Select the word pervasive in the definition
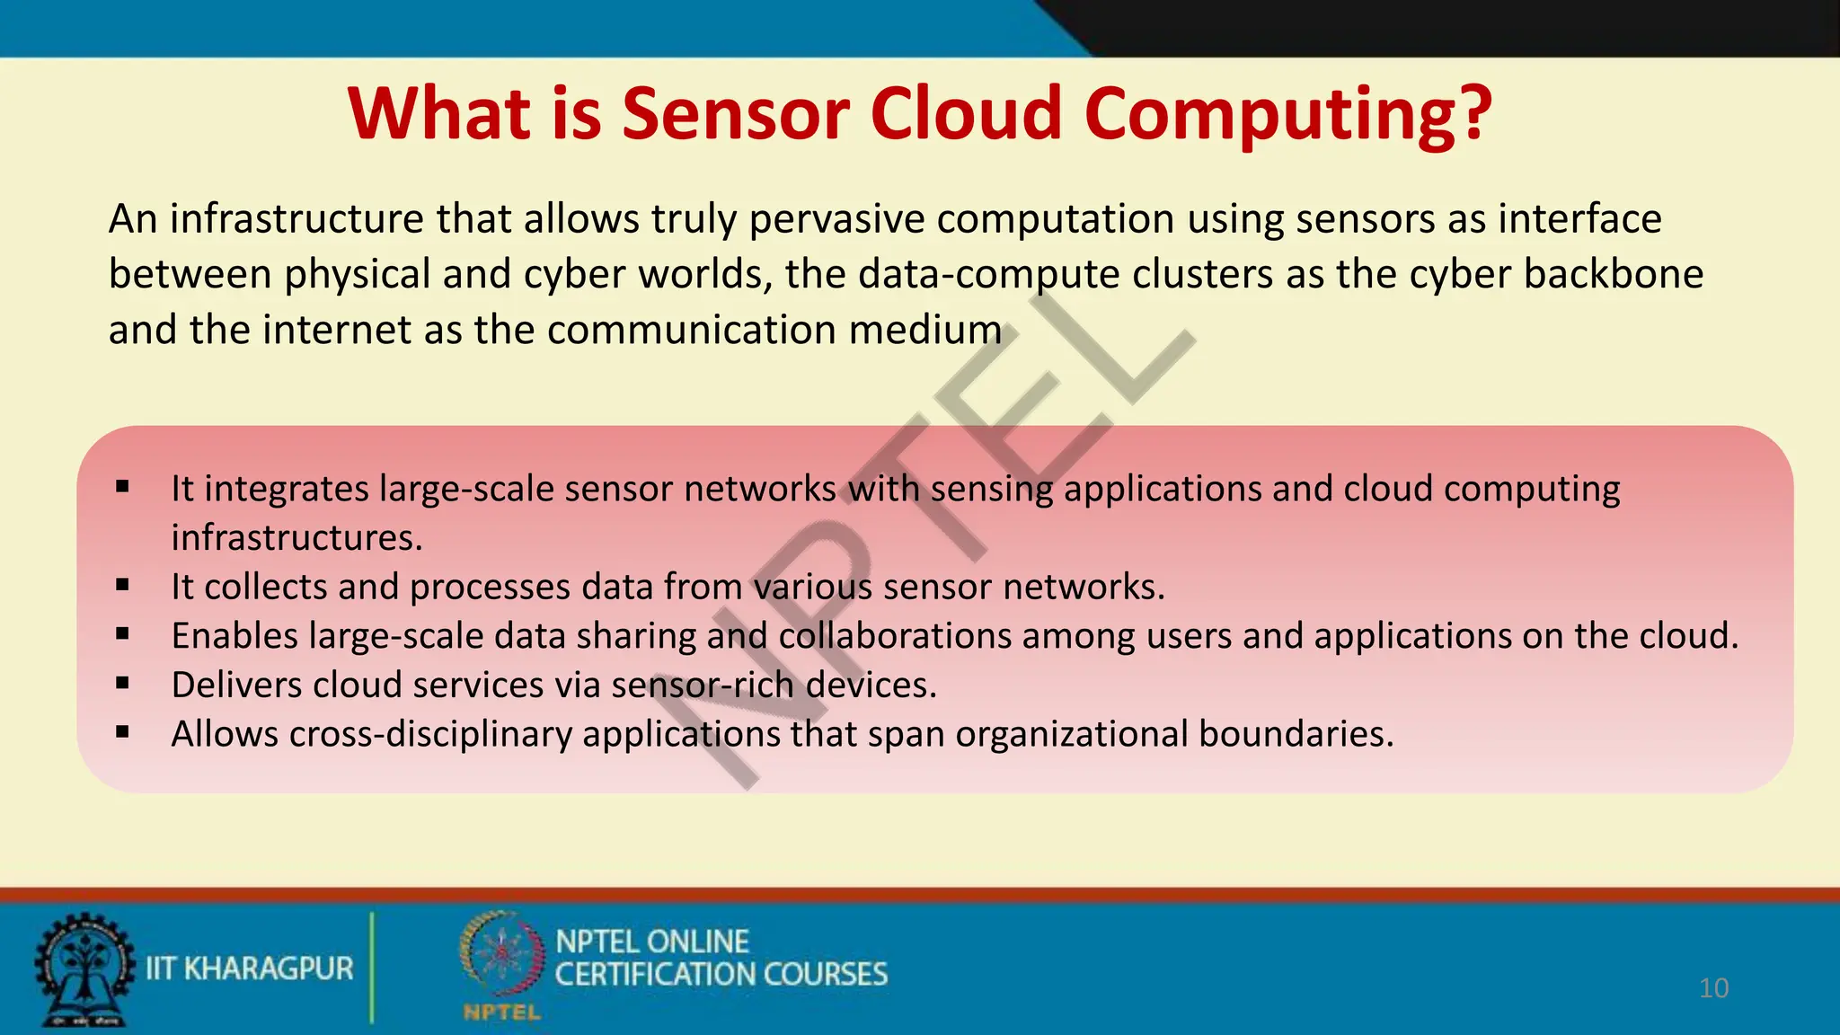(x=836, y=219)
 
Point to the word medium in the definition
(x=924, y=330)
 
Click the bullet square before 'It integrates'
(x=123, y=488)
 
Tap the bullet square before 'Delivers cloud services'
(x=123, y=684)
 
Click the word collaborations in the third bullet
(x=895, y=636)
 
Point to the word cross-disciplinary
(x=430, y=734)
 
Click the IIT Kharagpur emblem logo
(x=83, y=969)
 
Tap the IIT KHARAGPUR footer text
(x=249, y=969)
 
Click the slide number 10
(x=1713, y=988)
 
